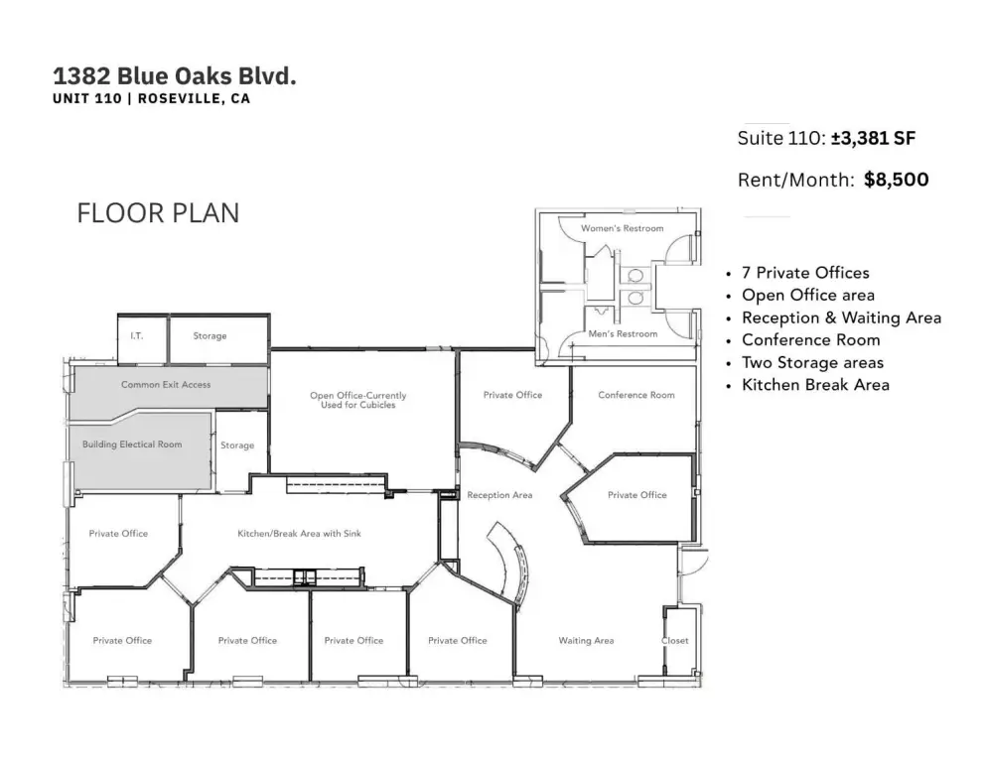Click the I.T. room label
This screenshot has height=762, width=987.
click(x=137, y=336)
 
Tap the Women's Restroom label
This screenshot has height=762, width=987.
click(x=622, y=228)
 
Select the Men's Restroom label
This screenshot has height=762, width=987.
click(x=623, y=334)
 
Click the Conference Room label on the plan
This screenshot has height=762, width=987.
click(x=635, y=395)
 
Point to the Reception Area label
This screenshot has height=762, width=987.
click(x=499, y=495)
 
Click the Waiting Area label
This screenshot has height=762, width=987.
click(x=586, y=641)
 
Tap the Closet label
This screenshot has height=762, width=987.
click(x=675, y=641)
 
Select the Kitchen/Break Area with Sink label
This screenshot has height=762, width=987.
click(x=299, y=534)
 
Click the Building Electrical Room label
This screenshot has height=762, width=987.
click(x=132, y=444)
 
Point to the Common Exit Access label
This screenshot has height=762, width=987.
click(x=166, y=384)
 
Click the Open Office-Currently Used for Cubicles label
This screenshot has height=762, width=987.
click(x=358, y=400)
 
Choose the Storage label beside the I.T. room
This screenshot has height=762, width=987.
click(x=210, y=336)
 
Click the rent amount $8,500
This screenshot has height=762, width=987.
click(x=897, y=180)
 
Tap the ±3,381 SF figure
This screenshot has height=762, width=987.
click(x=873, y=138)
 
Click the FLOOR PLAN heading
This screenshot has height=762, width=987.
click(x=158, y=213)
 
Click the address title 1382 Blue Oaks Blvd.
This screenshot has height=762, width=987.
click(x=175, y=76)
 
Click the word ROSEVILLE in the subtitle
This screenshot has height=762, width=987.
click(x=180, y=99)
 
